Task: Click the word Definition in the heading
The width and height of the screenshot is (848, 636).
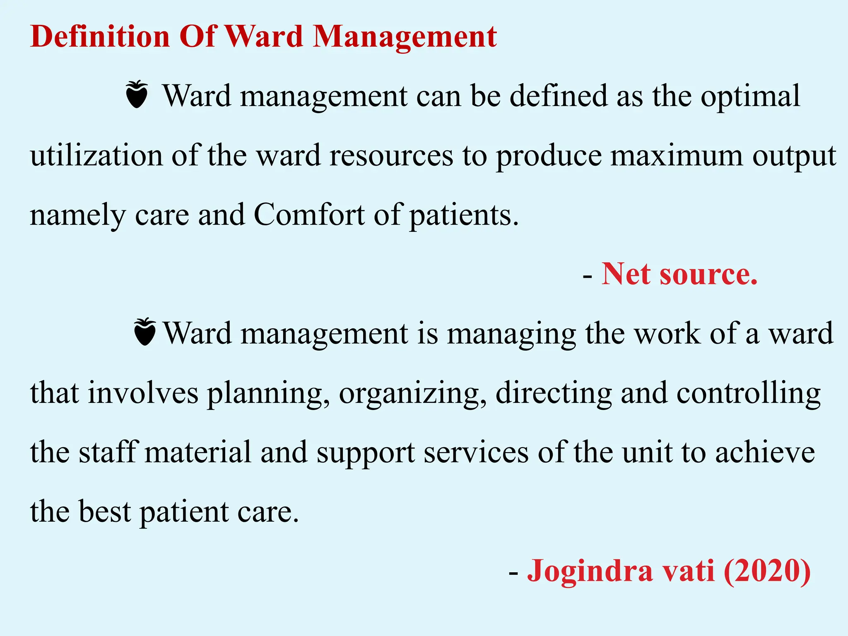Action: (100, 36)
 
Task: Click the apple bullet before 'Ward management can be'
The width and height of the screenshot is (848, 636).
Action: (137, 95)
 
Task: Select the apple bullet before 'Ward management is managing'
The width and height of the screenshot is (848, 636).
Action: (145, 332)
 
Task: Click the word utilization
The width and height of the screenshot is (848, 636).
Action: (96, 155)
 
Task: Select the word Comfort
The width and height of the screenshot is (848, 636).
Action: (309, 215)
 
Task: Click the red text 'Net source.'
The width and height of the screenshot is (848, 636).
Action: (679, 274)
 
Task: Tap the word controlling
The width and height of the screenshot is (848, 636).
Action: (748, 393)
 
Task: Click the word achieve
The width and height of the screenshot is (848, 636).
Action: (765, 453)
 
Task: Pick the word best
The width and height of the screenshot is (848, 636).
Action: (105, 511)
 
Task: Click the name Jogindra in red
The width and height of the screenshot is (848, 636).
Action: (590, 571)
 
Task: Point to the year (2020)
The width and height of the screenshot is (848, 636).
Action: (767, 571)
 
